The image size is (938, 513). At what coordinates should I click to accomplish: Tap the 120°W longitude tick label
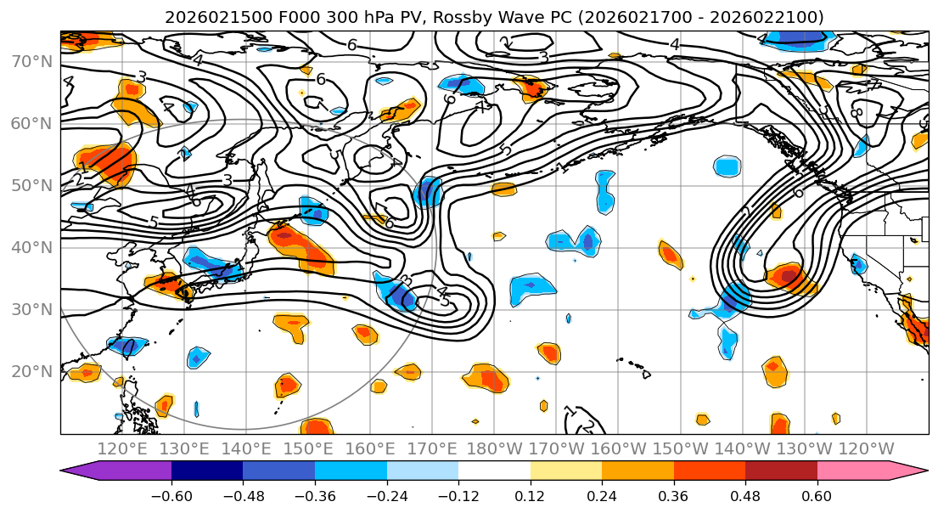click(x=866, y=448)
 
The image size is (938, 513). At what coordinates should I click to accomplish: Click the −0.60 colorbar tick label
click(x=171, y=495)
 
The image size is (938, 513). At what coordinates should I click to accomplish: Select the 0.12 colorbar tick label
click(x=531, y=495)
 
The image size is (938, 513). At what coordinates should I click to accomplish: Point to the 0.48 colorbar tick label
click(x=745, y=495)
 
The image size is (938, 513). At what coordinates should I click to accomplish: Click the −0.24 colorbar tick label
click(x=387, y=495)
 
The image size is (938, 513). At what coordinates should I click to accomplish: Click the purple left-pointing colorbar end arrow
click(x=81, y=471)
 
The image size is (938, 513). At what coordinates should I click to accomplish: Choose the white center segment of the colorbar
click(x=494, y=471)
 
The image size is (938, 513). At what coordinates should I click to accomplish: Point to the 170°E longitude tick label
click(x=432, y=448)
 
